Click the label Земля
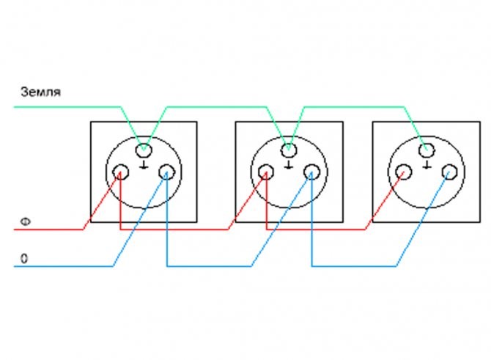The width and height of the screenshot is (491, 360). tap(41, 92)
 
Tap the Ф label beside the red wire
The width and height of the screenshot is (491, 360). tap(26, 222)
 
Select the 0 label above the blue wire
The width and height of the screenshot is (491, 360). tap(24, 259)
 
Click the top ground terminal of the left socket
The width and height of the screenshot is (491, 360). tap(144, 150)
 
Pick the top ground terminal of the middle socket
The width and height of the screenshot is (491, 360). tap(289, 150)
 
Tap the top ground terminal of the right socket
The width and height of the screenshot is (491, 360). tap(427, 150)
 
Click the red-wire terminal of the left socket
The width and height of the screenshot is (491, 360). tap(121, 172)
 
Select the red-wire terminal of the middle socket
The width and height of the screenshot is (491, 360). tap(266, 172)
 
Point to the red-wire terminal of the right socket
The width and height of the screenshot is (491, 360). tap(404, 172)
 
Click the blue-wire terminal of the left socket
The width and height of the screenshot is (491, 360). tap(166, 172)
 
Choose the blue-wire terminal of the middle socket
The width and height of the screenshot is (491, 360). tap(311, 172)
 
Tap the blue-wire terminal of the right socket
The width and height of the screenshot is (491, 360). tap(450, 172)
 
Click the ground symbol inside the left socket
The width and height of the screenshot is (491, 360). tap(144, 165)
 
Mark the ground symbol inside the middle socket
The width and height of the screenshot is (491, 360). tap(289, 165)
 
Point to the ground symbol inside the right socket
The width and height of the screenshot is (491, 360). tap(427, 165)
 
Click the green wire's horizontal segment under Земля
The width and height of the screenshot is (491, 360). tap(67, 107)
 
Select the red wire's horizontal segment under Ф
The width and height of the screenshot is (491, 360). tap(48, 229)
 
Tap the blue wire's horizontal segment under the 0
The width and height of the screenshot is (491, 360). tap(63, 266)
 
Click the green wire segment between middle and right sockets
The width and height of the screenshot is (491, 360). tap(354, 107)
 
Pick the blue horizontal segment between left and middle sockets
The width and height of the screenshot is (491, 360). tap(209, 266)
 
